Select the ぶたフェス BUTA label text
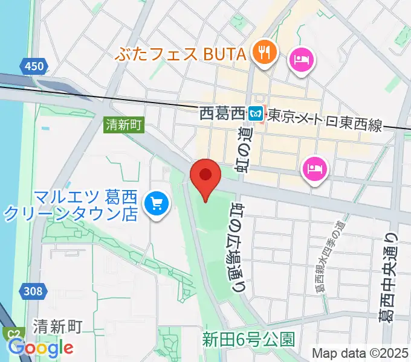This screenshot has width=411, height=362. point(182,54)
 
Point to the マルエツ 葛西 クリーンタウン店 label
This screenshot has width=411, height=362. point(71,205)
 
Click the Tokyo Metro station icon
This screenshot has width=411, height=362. point(256,113)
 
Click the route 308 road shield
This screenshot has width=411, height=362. point(34,291)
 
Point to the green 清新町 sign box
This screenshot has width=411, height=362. point(123,125)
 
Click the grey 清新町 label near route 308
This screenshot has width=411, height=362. point(58,327)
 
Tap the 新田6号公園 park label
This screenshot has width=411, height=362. point(248,338)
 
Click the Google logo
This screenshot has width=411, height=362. point(40,347)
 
